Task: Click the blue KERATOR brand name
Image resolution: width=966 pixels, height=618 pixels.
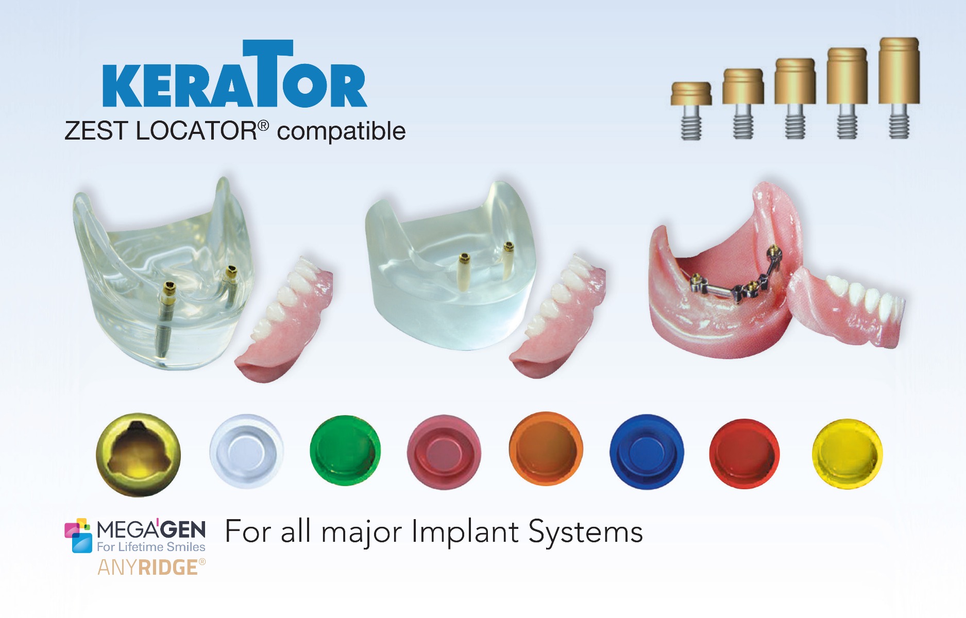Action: coord(235,74)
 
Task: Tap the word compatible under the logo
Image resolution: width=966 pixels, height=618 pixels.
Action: coord(341,131)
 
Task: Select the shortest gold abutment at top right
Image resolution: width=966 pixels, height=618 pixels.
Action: coord(691,110)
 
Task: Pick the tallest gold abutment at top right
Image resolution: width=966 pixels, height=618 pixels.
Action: coord(899,88)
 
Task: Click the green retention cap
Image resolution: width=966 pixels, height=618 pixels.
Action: coord(345,451)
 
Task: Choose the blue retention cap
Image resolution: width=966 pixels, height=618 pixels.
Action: coord(647,452)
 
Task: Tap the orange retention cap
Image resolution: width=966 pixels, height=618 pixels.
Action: coord(546,449)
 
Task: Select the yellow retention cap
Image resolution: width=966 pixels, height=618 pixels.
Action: coord(847,453)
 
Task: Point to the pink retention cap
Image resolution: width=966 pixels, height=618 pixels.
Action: coord(444,452)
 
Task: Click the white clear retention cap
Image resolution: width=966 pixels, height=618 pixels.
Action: coord(246,451)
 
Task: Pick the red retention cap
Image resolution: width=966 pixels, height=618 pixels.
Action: coord(744,453)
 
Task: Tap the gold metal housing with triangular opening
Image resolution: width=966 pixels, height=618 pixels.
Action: coord(138,455)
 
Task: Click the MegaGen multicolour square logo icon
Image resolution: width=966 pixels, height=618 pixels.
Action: coord(78,535)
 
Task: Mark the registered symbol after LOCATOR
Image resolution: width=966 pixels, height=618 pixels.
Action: coord(263,125)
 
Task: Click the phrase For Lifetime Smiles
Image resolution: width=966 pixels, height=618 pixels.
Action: coord(151,547)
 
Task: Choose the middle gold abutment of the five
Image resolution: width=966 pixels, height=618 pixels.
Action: coord(795,98)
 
